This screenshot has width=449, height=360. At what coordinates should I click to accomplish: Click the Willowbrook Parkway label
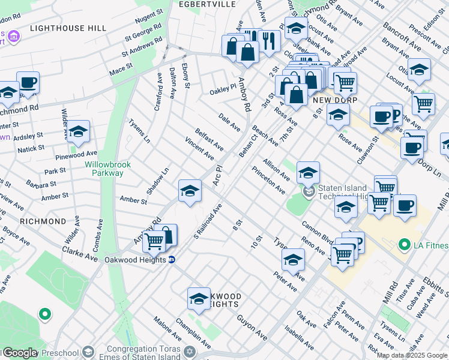(x=104, y=169)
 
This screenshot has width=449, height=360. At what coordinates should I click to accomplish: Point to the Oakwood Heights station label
(x=135, y=260)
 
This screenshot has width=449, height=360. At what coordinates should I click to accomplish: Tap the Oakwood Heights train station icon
(x=172, y=260)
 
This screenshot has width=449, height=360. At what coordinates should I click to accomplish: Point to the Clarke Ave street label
(x=79, y=253)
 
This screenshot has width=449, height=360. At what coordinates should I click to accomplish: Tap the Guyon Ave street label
(x=252, y=327)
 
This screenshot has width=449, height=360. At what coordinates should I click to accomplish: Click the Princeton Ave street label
(x=268, y=180)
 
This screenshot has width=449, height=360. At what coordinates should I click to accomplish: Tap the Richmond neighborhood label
(x=43, y=221)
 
